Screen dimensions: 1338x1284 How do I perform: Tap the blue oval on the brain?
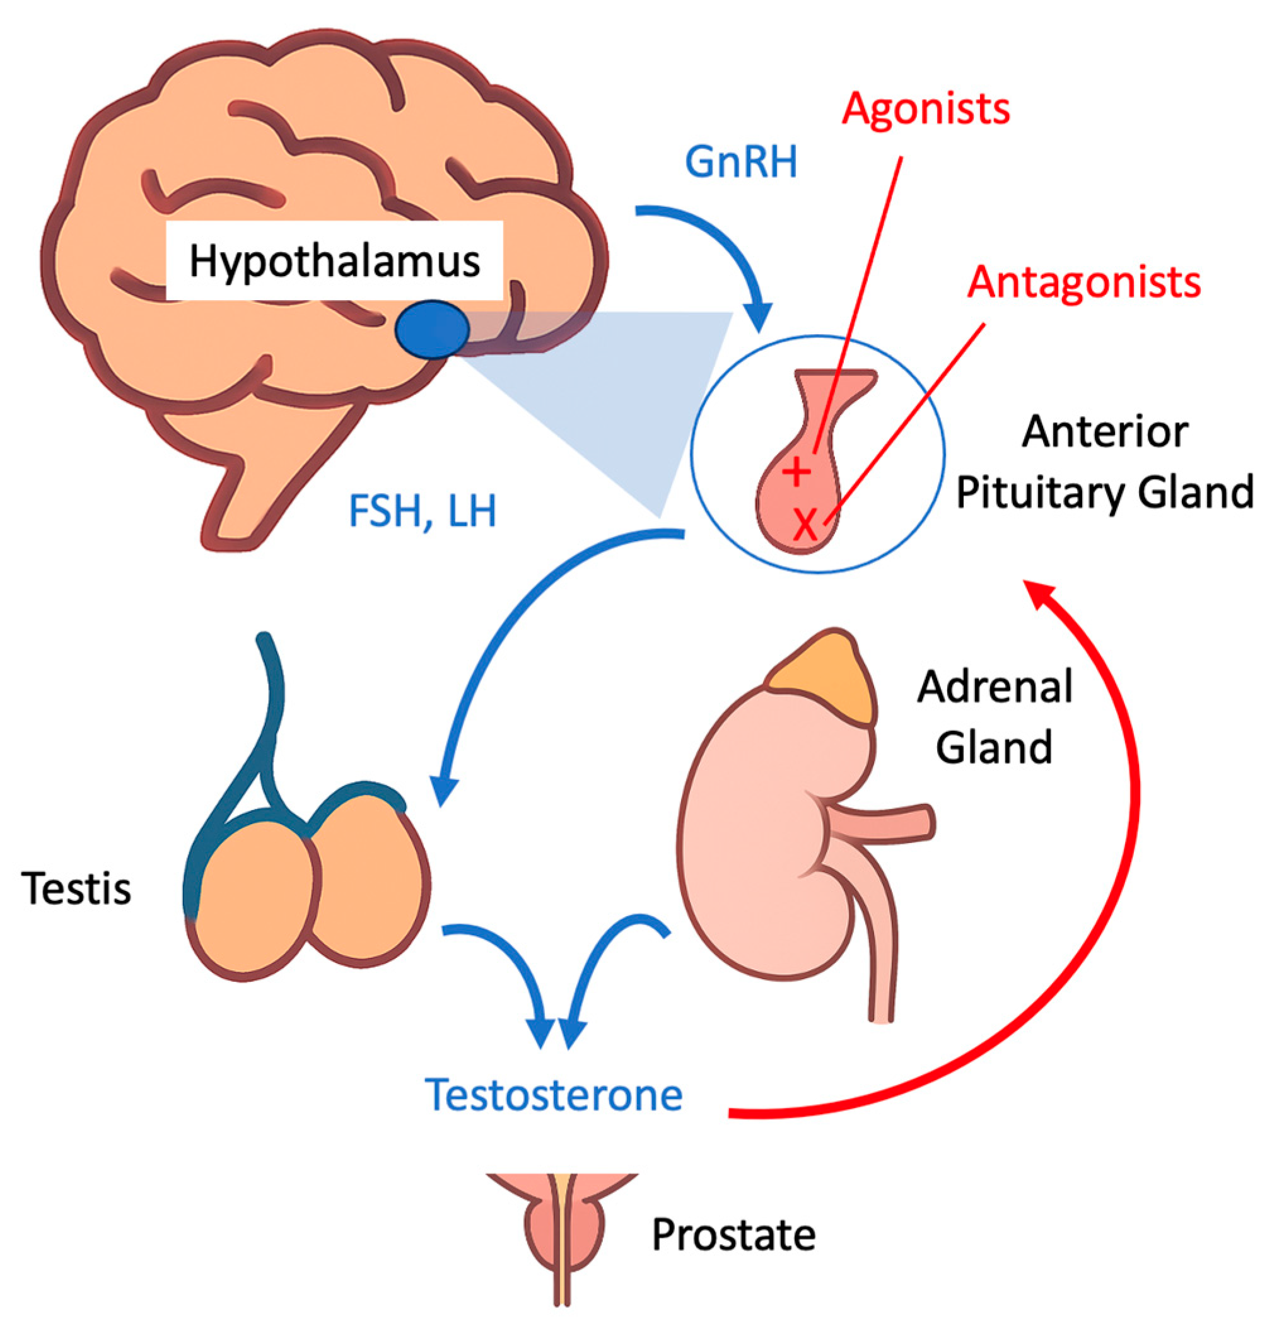coord(432,329)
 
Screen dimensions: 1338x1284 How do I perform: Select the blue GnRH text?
coord(740,163)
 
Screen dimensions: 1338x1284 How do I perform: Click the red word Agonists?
coord(925,109)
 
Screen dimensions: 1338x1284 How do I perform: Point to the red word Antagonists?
coord(1083,282)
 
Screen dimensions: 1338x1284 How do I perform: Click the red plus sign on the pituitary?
coord(795,471)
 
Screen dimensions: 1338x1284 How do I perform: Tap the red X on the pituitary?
coord(806,524)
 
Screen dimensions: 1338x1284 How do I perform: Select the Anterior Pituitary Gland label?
coord(1104,462)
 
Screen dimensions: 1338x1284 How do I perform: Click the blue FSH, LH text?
coord(422,511)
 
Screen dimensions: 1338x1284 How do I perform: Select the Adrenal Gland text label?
coord(995,716)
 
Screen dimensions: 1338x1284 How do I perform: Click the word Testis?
coord(76,889)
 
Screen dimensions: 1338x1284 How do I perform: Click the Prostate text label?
coord(733,1234)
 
